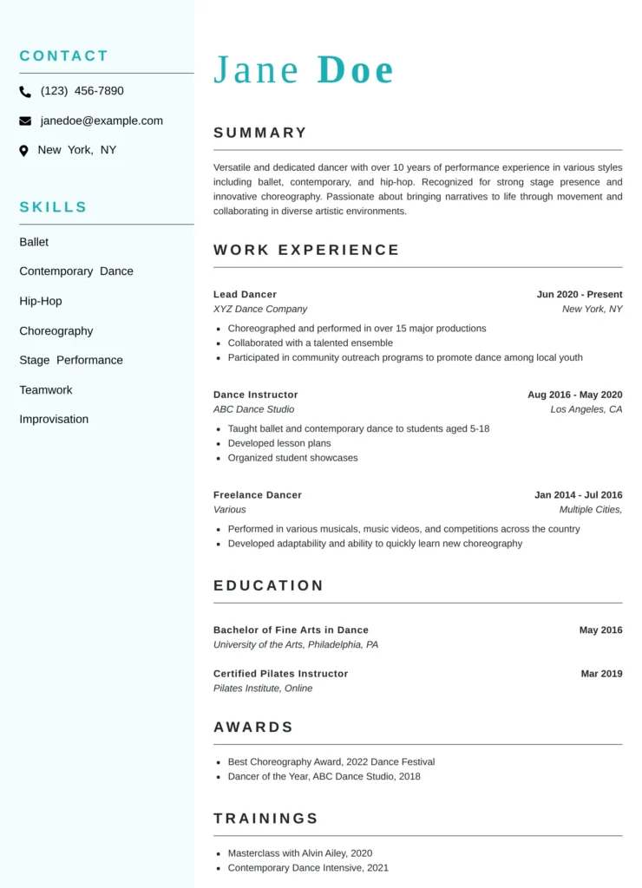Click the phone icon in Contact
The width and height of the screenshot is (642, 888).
click(25, 92)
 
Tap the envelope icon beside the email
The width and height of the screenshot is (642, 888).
click(25, 121)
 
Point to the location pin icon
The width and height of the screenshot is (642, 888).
click(24, 151)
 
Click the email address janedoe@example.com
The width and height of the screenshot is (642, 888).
click(102, 121)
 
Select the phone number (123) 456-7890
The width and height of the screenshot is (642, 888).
click(82, 91)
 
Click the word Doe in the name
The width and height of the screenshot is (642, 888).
click(356, 70)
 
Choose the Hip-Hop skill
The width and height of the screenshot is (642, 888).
click(41, 301)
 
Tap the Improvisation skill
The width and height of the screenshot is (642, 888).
click(54, 419)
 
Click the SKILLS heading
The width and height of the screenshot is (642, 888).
click(53, 207)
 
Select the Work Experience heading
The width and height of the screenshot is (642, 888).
click(306, 250)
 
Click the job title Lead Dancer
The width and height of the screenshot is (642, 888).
click(245, 294)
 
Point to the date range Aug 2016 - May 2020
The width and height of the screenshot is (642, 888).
click(574, 395)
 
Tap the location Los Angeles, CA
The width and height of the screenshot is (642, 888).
click(586, 409)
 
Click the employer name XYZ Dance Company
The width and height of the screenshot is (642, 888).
click(260, 309)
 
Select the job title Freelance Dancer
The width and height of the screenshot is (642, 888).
click(258, 495)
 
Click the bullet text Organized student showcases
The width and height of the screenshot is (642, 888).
click(292, 458)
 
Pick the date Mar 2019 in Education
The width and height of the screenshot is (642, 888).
click(601, 674)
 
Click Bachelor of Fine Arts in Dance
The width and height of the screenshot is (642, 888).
click(291, 630)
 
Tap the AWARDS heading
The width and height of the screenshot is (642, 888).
click(253, 727)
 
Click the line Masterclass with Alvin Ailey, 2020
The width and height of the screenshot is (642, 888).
click(299, 853)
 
